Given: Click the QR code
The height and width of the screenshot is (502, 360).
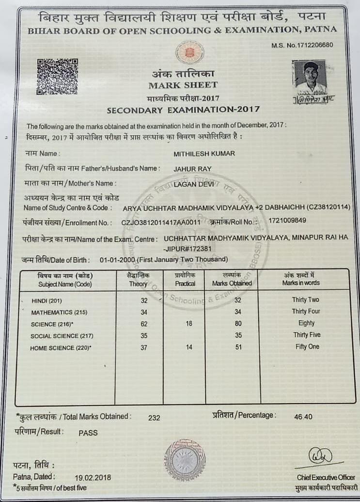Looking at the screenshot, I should coord(57,76).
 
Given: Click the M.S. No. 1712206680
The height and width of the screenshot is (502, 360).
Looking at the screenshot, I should coord(303,45).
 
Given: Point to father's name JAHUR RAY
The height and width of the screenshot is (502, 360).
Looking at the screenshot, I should coord(189,169).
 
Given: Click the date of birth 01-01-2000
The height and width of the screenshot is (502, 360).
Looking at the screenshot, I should coord(117,260).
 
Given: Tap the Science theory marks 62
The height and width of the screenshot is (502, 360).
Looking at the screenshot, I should coord(143,324).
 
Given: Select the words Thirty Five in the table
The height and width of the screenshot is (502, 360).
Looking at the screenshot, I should coord(306,335).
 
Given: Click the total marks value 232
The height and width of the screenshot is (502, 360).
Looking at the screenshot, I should coord(155,417).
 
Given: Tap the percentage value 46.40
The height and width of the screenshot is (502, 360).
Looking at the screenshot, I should coord(303,417).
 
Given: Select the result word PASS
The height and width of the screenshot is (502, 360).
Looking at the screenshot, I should coord(88,433).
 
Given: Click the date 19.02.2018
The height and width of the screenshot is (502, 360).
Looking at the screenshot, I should coord(93,477).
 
